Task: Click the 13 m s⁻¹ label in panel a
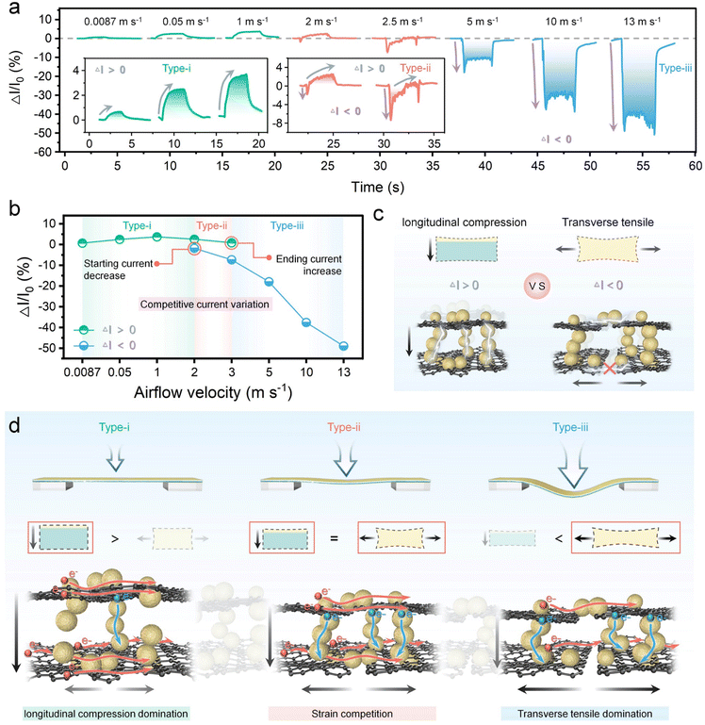636,17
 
